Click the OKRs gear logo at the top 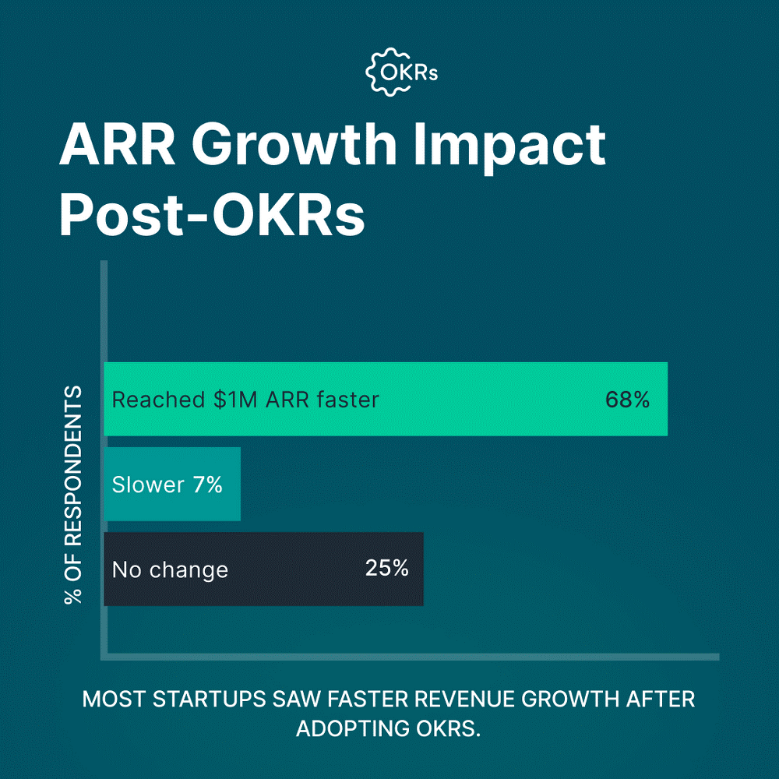pyautogui.click(x=402, y=72)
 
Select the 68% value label pyautogui.click(x=627, y=400)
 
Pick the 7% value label pyautogui.click(x=207, y=485)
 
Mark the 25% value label pyautogui.click(x=387, y=568)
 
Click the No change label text pyautogui.click(x=170, y=569)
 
